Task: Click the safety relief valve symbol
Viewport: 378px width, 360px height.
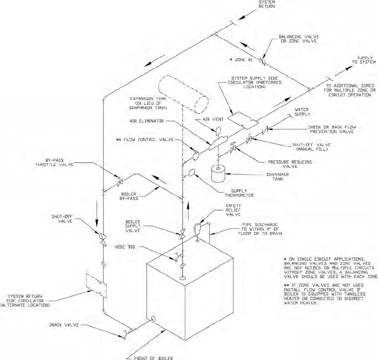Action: coord(197,228)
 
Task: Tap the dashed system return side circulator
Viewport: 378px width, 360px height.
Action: coord(96,286)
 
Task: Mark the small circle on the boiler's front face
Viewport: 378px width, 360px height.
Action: coord(154,319)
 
